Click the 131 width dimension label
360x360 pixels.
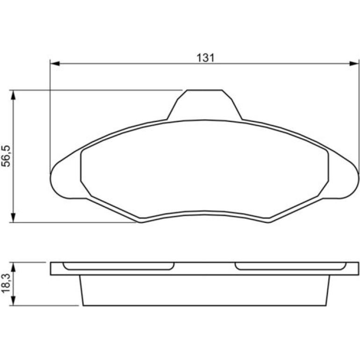(x=206, y=58)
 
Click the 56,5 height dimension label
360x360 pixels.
(x=6, y=156)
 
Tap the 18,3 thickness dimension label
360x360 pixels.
(x=6, y=283)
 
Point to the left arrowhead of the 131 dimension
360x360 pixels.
(x=55, y=64)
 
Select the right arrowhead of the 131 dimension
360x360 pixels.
(x=354, y=64)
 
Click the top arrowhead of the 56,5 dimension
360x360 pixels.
(x=13, y=95)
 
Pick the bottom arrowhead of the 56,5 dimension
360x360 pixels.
(x=13, y=218)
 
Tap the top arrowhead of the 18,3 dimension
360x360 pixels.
(x=13, y=267)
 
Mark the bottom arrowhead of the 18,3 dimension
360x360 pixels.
(x=13, y=301)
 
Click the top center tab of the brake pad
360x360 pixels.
(x=205, y=104)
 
